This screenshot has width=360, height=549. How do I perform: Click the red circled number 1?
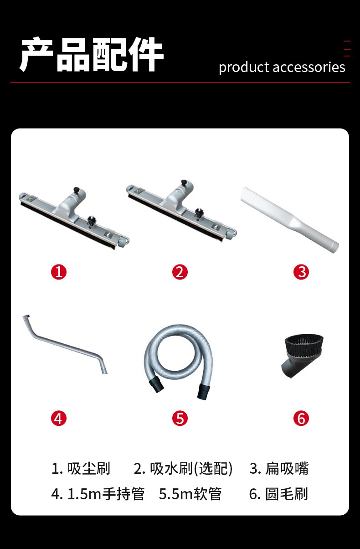[59, 272]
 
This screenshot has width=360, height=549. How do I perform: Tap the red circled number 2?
[180, 272]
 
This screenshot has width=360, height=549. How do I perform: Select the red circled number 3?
[301, 272]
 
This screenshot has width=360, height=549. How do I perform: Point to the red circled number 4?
[59, 419]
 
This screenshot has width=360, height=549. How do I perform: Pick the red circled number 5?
[180, 419]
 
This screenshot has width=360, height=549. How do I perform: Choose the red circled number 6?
[301, 419]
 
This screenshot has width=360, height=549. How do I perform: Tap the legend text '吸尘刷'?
[89, 468]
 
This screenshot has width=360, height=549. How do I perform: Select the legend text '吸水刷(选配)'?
[191, 469]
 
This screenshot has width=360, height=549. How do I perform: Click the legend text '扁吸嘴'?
[287, 468]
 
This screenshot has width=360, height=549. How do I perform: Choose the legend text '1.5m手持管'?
[106, 494]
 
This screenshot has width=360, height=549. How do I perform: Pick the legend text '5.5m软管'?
[190, 494]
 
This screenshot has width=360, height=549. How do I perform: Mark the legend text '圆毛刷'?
[287, 494]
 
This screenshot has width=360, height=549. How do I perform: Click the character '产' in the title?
[37, 54]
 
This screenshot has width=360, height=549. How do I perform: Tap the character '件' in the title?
[146, 54]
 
